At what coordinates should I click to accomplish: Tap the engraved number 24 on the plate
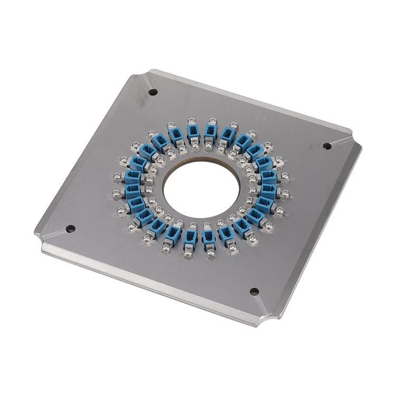pos(259,118)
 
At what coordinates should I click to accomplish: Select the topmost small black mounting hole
pos(153,92)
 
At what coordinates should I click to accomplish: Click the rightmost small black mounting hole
pos(327,146)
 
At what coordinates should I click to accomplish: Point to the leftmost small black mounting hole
pos(70,229)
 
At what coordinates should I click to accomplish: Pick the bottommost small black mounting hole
pos(254,291)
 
